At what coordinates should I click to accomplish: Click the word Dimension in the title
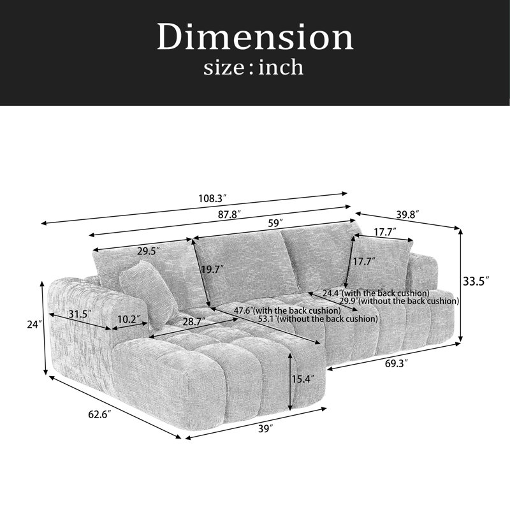tap(255, 37)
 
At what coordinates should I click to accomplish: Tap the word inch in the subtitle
tap(281, 68)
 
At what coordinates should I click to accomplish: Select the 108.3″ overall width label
tap(212, 198)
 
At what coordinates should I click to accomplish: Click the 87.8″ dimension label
tap(229, 215)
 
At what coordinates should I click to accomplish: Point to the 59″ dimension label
tap(275, 224)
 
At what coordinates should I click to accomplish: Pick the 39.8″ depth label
tap(407, 215)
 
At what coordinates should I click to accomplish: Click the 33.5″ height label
tap(476, 281)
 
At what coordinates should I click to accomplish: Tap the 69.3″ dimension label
tap(397, 363)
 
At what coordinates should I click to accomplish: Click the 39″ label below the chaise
tap(265, 429)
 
